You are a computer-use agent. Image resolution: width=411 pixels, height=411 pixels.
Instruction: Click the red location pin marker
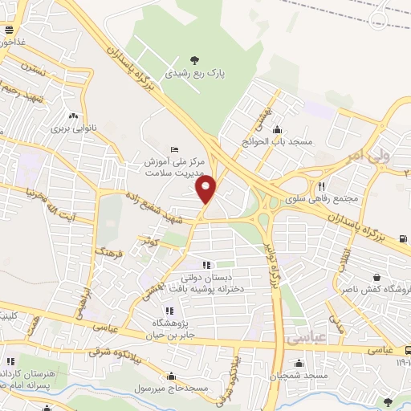[x=206, y=190]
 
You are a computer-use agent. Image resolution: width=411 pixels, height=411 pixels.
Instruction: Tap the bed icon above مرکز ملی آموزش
[x=176, y=150]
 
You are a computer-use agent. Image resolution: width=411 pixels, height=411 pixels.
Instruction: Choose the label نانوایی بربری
[x=74, y=128]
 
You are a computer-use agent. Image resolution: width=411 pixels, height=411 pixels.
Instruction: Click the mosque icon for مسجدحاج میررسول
[x=171, y=375]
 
